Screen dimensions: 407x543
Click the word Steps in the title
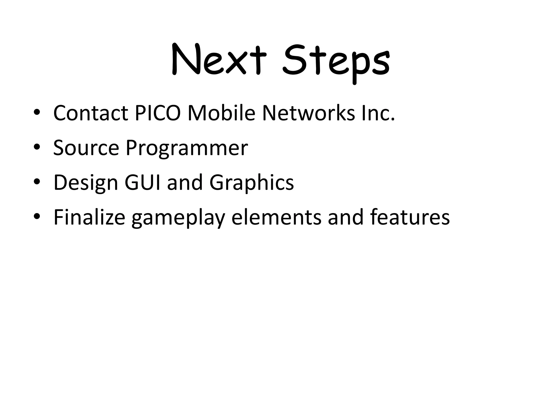pos(336,62)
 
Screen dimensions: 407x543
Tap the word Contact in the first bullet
pos(91,113)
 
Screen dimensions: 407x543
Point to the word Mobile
pos(221,113)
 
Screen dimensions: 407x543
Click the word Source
pos(86,148)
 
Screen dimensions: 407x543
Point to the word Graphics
pos(252,183)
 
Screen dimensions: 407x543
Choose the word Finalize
pos(89,217)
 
